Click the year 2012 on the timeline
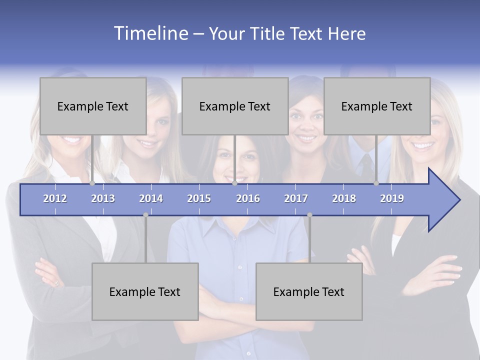tap(55, 198)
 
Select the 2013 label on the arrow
tap(103, 198)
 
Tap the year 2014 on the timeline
tap(151, 198)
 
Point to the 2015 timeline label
tap(199, 198)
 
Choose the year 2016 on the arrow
tap(248, 198)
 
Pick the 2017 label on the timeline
tap(296, 198)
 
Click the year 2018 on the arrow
tap(344, 198)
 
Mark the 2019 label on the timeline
tap(392, 198)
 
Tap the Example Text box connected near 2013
tap(93, 106)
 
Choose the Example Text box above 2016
tap(235, 106)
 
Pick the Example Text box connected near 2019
tap(377, 106)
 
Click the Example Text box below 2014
tap(145, 291)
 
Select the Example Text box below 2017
tap(309, 291)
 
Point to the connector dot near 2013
tap(92, 183)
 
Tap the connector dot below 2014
tap(145, 215)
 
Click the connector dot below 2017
tap(309, 215)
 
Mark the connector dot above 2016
tap(234, 183)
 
